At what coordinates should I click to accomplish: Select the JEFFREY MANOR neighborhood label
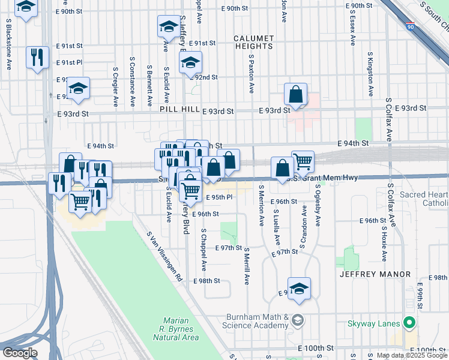coord(375,274)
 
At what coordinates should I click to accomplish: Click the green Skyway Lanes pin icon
coord(410,323)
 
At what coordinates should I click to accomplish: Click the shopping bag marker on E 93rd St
coord(295,94)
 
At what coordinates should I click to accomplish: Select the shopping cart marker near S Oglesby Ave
coord(303,161)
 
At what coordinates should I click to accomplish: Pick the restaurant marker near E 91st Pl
coord(37,58)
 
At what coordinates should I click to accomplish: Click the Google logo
coord(19,352)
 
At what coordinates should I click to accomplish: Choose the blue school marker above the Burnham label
coord(298,289)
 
